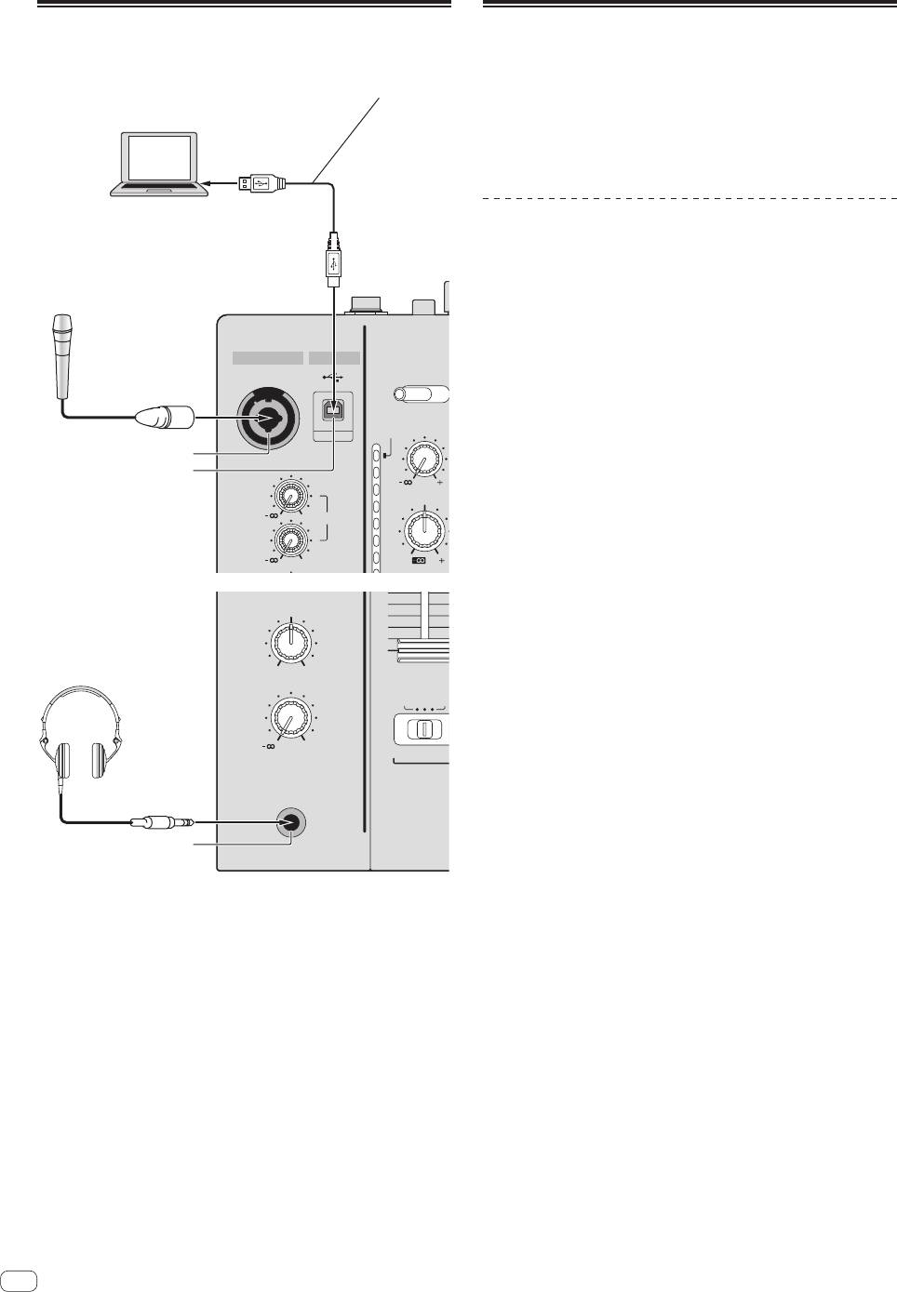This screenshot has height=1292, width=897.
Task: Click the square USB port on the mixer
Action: point(333,411)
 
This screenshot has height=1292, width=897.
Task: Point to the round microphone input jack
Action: point(270,419)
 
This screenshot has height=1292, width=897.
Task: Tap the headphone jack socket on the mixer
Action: point(292,822)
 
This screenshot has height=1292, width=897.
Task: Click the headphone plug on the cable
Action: point(162,822)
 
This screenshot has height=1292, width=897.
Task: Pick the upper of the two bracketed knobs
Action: point(291,499)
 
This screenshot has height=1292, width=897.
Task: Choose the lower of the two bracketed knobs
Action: point(291,540)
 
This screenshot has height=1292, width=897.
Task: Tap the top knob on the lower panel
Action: point(291,641)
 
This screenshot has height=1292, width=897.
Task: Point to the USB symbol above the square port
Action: point(333,378)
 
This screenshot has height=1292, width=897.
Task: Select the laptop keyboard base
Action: point(160,190)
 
